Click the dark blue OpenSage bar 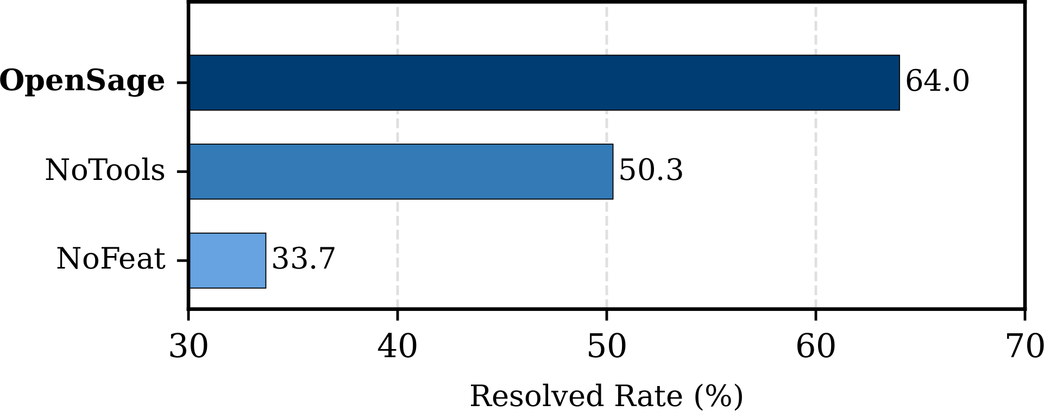(x=543, y=83)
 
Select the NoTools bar (x=401, y=172)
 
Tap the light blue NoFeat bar (x=228, y=260)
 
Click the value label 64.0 (x=937, y=82)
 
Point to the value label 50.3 (x=651, y=171)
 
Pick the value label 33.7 (x=304, y=259)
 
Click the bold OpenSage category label (x=82, y=82)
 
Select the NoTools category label (x=105, y=171)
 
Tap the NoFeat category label (x=111, y=259)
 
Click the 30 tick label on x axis (x=188, y=347)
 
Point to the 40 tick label (x=398, y=347)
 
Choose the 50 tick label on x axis (x=607, y=347)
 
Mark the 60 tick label (x=815, y=347)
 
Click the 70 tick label (x=1024, y=347)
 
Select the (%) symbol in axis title (x=718, y=396)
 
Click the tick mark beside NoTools (x=183, y=172)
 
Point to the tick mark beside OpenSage (x=183, y=83)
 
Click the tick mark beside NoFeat (x=183, y=261)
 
